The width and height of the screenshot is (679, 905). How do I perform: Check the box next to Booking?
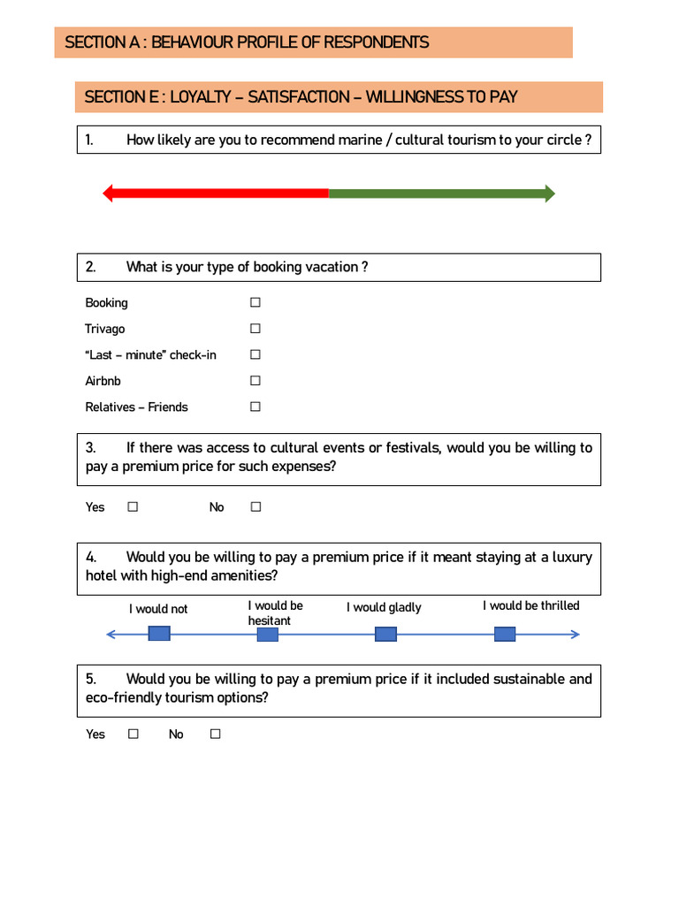coord(255,302)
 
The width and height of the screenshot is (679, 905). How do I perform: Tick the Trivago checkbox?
coord(255,329)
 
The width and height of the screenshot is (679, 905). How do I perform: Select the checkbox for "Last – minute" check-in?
coord(255,354)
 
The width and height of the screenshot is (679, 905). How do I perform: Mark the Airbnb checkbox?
coord(255,381)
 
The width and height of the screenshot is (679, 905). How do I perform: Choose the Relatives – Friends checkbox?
coord(255,407)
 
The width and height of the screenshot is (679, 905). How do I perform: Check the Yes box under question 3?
coord(133,507)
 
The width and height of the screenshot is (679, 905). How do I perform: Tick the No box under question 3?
coord(256,507)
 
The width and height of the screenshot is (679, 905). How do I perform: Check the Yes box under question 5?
coord(133,734)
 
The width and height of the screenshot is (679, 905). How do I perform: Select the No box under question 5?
coord(215,734)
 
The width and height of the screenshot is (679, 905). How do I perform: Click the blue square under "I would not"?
coord(159,634)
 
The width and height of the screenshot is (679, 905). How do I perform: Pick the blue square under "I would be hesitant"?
coord(267,634)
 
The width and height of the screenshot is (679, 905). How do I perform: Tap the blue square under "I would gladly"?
coord(385,634)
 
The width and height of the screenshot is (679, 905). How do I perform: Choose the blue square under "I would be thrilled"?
coord(505,634)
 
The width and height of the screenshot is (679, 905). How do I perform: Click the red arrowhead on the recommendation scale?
coord(108,194)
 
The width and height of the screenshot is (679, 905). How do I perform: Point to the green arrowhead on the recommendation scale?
coord(550,194)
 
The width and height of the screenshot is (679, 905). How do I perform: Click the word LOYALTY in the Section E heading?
coord(202,97)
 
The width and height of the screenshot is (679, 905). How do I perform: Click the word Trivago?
coord(105,329)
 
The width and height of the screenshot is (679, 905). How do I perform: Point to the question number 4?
coord(91,558)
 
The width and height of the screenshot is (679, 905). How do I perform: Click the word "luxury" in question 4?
coord(572,558)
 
